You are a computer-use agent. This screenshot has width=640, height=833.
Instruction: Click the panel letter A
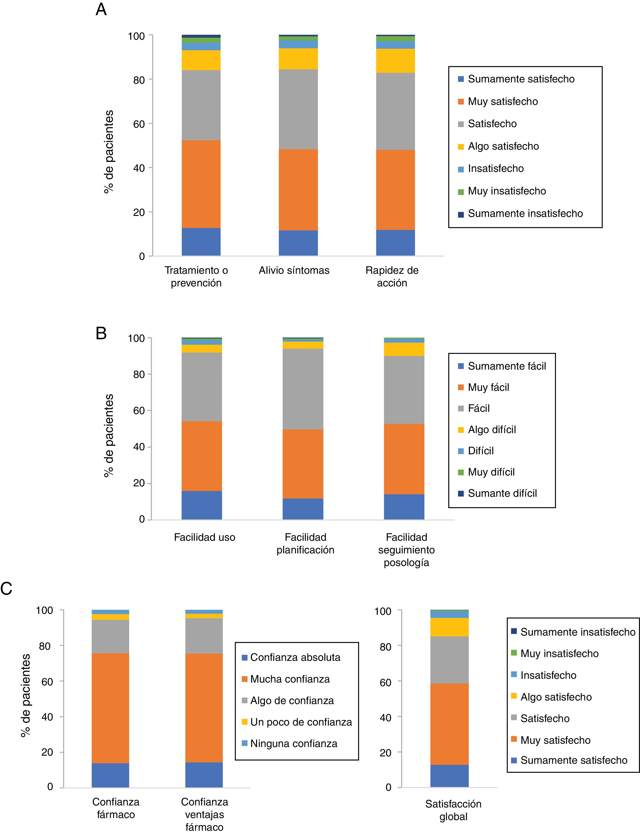pyautogui.click(x=101, y=9)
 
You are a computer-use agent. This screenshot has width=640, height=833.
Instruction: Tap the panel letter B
pyautogui.click(x=101, y=333)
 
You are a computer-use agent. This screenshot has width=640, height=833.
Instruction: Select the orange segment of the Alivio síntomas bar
pyautogui.click(x=298, y=189)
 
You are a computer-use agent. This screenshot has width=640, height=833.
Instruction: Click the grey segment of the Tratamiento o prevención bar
pyautogui.click(x=201, y=105)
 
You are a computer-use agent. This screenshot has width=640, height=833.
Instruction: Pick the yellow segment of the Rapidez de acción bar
pyautogui.click(x=395, y=61)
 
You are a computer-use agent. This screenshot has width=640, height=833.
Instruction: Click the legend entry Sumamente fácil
pyautogui.click(x=507, y=366)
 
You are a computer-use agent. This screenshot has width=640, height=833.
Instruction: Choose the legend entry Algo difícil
pyautogui.click(x=492, y=430)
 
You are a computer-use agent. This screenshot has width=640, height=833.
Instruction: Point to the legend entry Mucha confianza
pyautogui.click(x=290, y=679)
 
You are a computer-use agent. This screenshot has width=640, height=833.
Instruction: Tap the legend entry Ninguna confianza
pyautogui.click(x=294, y=744)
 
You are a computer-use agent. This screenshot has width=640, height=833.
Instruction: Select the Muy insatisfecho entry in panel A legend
pyautogui.click(x=507, y=191)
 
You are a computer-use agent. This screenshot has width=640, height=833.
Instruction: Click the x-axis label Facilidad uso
pyautogui.click(x=205, y=537)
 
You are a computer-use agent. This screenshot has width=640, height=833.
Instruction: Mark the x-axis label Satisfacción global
pyautogui.click(x=453, y=810)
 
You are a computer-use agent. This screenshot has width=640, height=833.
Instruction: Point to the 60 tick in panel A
pyautogui.click(x=139, y=124)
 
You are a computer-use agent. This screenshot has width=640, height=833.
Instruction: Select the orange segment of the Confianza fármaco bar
pyautogui.click(x=111, y=708)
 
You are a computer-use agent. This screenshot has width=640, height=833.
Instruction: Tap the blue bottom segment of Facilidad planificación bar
pyautogui.click(x=303, y=509)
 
